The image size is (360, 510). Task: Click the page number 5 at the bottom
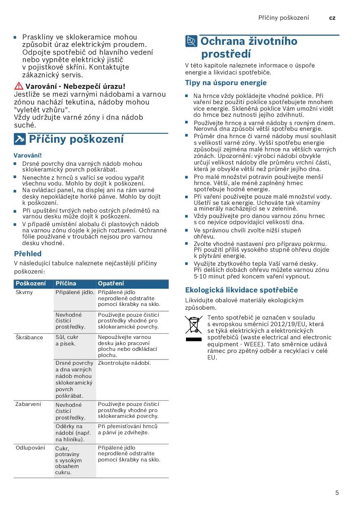pyautogui.click(x=337, y=493)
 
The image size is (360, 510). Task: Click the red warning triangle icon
pyautogui.click(x=19, y=86)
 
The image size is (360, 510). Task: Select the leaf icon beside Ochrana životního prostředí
pyautogui.click(x=191, y=42)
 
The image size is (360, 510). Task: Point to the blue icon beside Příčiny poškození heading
pyautogui.click(x=19, y=139)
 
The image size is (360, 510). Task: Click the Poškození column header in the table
pyautogui.click(x=30, y=283)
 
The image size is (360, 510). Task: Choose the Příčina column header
pyautogui.click(x=66, y=283)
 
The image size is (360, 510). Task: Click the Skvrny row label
pyautogui.click(x=24, y=292)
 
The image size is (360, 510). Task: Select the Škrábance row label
pyautogui.click(x=29, y=337)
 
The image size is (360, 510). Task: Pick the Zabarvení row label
pyautogui.click(x=28, y=404)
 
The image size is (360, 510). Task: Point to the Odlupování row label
pyautogui.click(x=30, y=448)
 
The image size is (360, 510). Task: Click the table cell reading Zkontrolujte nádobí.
pyautogui.click(x=124, y=363)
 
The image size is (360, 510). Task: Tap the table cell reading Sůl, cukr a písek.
pyautogui.click(x=67, y=340)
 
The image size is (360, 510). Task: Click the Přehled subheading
pyautogui.click(x=28, y=254)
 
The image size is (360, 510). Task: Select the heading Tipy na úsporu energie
pyautogui.click(x=226, y=83)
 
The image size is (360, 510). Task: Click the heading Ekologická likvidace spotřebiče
pyautogui.click(x=242, y=290)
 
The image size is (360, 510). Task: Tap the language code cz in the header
pyautogui.click(x=332, y=18)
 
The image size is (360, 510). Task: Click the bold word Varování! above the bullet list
pyautogui.click(x=28, y=155)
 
